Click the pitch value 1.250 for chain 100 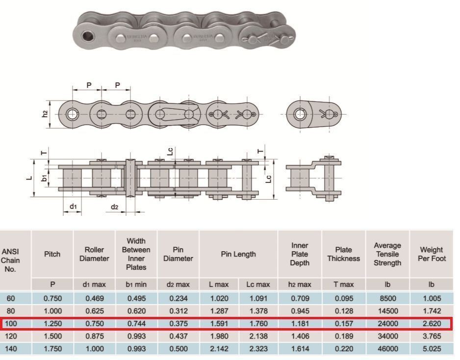tap(52, 324)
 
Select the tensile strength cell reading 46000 tap(388, 349)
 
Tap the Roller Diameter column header tap(94, 254)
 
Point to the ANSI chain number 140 tap(11, 349)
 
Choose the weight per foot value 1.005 tap(432, 298)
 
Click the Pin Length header tap(238, 254)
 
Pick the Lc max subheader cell tap(258, 284)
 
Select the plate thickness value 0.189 tap(344, 336)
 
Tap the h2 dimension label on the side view tap(45, 114)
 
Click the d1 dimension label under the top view tap(73, 206)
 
